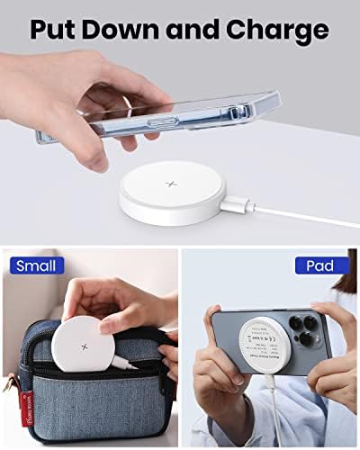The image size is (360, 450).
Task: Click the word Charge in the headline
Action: coord(278,30)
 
